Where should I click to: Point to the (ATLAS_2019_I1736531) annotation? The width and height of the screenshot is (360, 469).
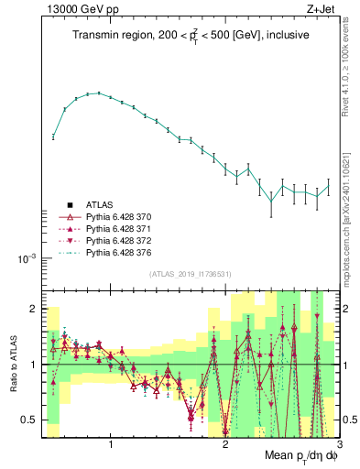pyautogui.click(x=191, y=274)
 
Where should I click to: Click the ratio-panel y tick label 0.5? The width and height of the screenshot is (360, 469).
pyautogui.click(x=30, y=420)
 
